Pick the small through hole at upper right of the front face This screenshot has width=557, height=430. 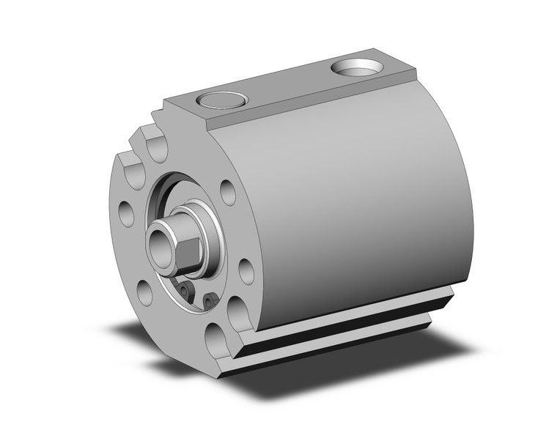227,192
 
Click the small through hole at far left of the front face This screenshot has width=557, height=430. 126,214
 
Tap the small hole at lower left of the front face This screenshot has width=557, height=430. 145,292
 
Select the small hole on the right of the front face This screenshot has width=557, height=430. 246,271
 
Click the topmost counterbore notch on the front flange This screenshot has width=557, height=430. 156,145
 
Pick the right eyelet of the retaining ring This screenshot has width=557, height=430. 210,300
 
